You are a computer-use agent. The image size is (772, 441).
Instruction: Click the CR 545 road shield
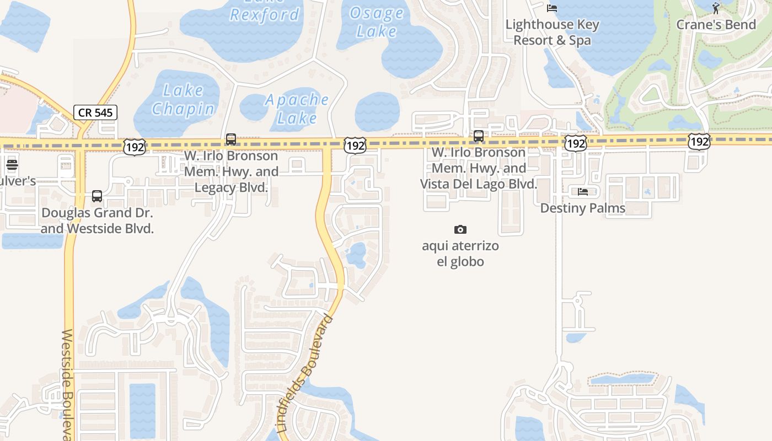click(95, 112)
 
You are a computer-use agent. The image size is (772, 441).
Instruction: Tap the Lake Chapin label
click(183, 100)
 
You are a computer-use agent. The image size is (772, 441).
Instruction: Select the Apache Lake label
click(297, 109)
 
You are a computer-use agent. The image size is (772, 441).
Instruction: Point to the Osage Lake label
click(376, 22)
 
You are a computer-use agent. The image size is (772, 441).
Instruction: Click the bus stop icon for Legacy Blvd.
click(231, 139)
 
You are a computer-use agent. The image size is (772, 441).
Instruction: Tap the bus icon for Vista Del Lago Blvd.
click(479, 136)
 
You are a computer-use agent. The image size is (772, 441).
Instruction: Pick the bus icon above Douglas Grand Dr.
click(97, 196)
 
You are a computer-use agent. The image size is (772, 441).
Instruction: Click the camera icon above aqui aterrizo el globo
click(460, 229)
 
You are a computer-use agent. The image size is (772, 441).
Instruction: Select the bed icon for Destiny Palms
click(583, 192)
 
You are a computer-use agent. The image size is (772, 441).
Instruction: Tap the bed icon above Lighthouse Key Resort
click(551, 8)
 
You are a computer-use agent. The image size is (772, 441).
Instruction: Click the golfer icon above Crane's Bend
click(716, 8)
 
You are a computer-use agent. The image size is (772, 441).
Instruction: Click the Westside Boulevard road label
click(67, 384)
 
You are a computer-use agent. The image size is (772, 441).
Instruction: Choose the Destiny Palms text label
click(583, 208)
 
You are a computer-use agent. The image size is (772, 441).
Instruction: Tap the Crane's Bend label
click(716, 25)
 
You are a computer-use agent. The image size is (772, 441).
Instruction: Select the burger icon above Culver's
click(12, 164)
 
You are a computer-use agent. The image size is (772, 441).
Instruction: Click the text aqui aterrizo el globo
click(460, 254)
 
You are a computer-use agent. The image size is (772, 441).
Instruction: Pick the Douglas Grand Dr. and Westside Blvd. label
click(97, 220)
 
